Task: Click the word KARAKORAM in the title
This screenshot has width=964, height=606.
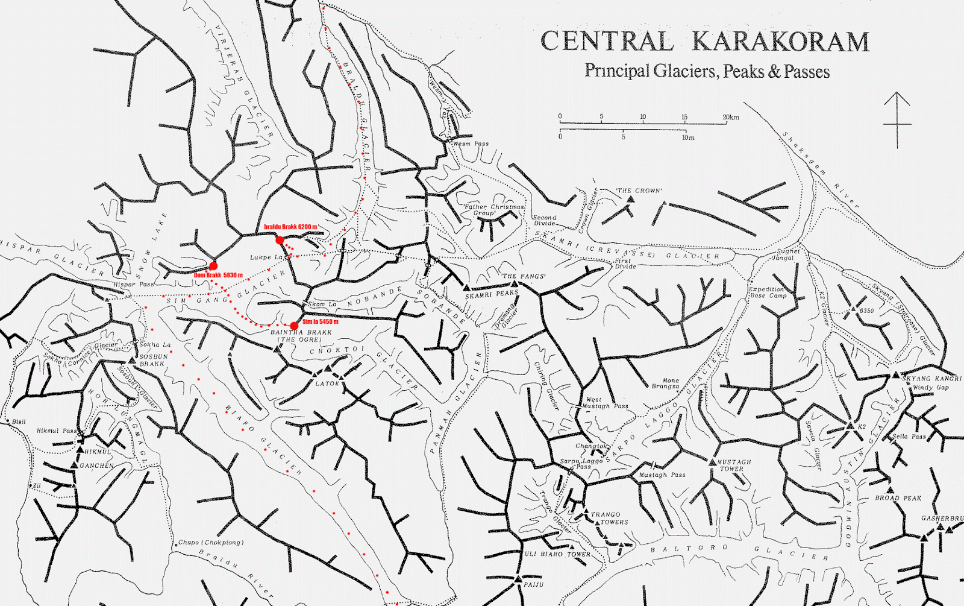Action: click(780, 42)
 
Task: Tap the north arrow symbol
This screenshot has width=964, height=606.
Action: click(897, 120)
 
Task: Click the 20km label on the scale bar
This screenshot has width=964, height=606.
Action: click(731, 117)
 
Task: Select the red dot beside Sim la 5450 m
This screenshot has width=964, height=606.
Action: click(294, 326)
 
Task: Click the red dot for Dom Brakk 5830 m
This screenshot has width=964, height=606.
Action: click(213, 266)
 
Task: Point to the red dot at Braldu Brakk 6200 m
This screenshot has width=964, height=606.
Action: click(280, 240)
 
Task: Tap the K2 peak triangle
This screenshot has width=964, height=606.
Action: click(850, 426)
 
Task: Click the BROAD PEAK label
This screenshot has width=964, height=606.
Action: click(898, 498)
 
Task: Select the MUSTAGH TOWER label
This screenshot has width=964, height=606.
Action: click(733, 465)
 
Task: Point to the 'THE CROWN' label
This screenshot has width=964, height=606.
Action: click(639, 191)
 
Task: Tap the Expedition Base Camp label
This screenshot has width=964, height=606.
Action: click(768, 292)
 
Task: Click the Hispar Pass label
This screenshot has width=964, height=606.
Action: click(134, 284)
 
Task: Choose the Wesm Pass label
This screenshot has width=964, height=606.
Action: click(471, 144)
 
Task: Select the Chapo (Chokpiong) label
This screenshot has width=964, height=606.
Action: click(211, 542)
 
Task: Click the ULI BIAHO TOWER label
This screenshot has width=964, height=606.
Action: click(557, 554)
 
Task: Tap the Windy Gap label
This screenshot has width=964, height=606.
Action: click(930, 388)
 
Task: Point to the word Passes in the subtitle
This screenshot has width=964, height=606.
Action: click(807, 72)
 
